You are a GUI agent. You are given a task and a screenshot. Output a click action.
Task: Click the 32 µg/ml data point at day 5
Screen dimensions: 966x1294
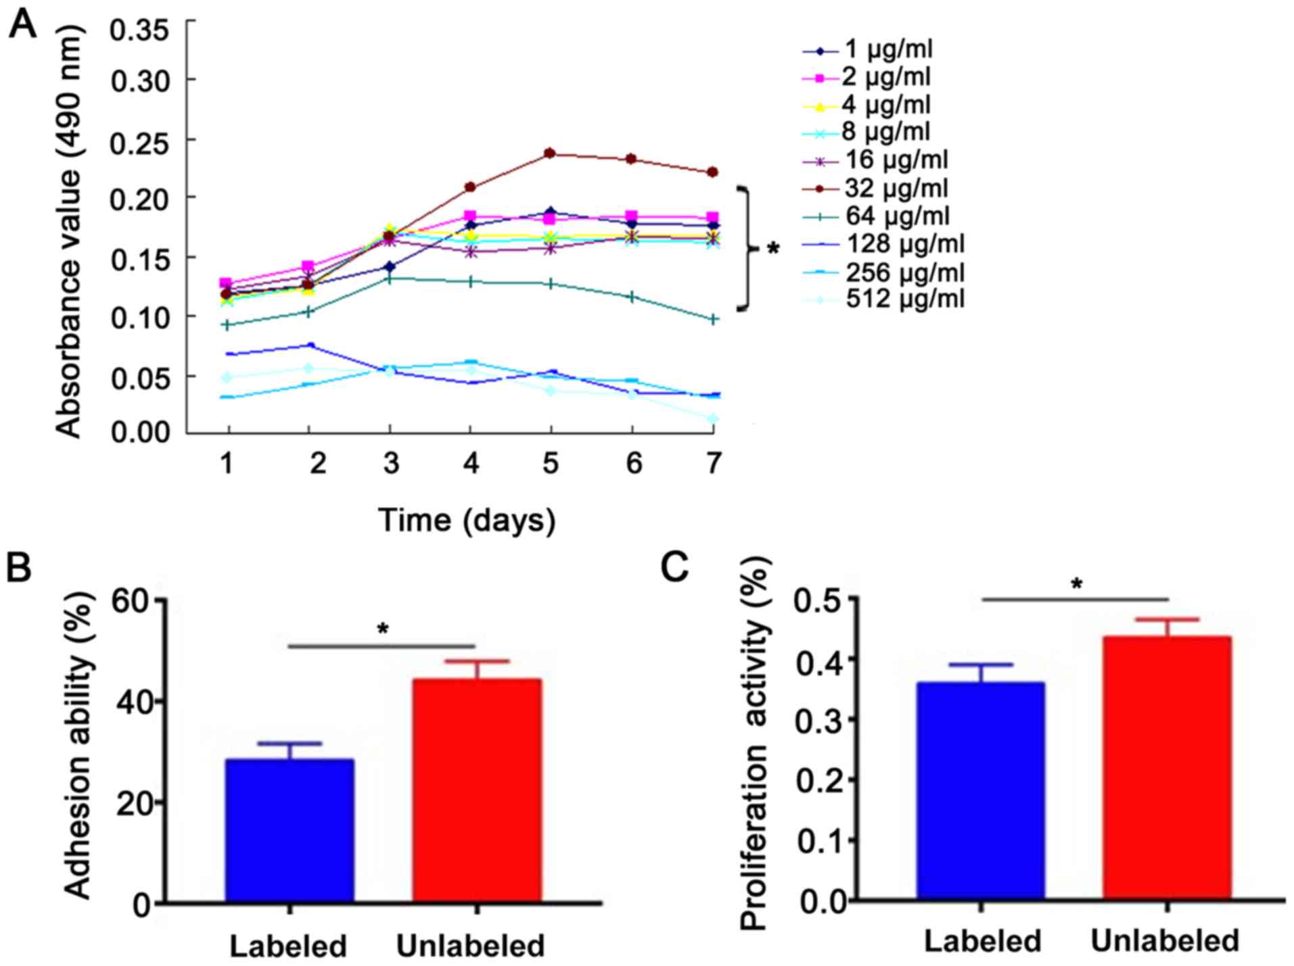(x=550, y=153)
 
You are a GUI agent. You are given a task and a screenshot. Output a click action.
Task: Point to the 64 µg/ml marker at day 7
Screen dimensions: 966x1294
(x=713, y=319)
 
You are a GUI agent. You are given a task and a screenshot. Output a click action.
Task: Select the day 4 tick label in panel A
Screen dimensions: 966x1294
(x=470, y=464)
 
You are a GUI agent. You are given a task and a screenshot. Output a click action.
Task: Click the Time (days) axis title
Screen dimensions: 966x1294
(x=467, y=521)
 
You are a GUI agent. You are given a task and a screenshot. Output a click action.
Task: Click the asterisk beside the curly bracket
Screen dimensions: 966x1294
(x=772, y=249)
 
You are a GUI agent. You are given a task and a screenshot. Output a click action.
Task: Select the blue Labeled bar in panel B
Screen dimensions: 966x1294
(x=290, y=831)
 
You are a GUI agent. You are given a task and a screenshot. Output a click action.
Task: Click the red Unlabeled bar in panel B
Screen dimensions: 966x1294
(x=477, y=790)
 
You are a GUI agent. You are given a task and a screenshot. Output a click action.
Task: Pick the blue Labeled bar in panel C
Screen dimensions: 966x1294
(x=980, y=791)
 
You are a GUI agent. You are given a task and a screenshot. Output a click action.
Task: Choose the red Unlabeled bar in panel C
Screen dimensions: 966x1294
(x=1166, y=768)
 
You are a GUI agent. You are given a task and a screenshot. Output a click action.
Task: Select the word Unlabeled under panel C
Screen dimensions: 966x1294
(x=1165, y=940)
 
